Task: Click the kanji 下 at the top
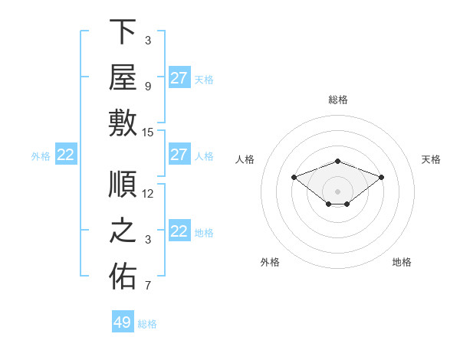point(123,31)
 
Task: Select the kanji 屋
point(123,77)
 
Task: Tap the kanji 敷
point(123,123)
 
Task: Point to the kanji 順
point(123,184)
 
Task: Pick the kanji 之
point(123,231)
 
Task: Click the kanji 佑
point(123,276)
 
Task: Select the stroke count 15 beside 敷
point(147,133)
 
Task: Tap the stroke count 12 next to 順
point(147,194)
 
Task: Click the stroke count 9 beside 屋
point(148,87)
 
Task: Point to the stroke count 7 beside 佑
point(148,285)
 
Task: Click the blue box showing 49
point(123,321)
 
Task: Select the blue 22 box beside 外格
point(66,154)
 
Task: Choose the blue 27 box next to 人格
point(179,154)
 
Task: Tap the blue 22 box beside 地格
point(179,230)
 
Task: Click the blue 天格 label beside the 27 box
point(204,80)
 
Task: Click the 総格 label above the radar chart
point(338,100)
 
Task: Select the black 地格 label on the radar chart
point(402,262)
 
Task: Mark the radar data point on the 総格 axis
point(337,162)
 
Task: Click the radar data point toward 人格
point(294,177)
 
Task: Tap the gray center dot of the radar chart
point(337,191)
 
